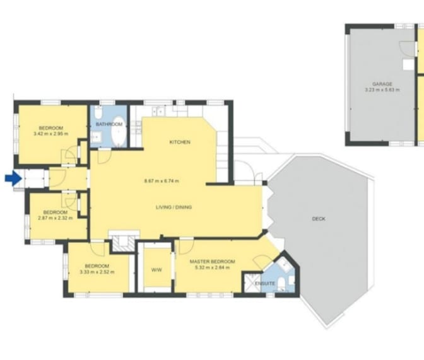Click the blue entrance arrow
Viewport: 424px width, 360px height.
13,178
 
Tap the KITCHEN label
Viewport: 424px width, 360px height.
180,142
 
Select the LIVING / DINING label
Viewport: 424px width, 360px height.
174,207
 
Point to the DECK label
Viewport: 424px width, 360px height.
319,219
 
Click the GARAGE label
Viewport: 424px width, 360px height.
382,84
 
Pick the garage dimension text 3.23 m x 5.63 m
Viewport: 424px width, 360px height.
382,90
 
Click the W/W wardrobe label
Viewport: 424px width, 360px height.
156,270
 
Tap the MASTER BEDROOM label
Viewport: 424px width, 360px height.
212,262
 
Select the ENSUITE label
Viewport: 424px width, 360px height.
265,284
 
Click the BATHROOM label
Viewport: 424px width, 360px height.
109,124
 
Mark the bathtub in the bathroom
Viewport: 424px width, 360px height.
119,132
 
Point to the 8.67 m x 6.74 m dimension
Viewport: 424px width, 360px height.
162,181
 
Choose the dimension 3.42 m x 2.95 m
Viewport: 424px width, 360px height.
51,134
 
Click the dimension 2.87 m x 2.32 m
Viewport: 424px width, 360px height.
56,218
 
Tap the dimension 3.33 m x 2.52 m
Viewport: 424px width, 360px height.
97,272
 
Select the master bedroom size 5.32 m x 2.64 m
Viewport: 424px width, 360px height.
212,268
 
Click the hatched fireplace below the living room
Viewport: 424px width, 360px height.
124,241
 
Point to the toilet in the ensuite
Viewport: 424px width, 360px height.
282,283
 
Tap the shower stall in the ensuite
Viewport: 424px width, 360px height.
252,282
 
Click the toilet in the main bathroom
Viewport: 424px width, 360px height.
98,113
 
